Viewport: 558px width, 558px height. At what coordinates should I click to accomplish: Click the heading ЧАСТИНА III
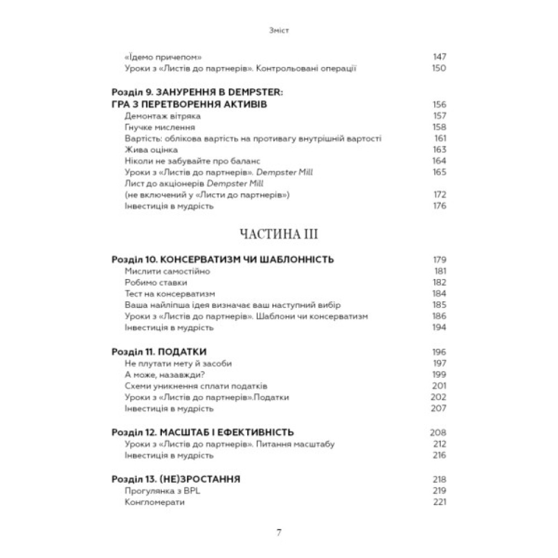278,235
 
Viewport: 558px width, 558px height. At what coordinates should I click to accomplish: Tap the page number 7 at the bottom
279,532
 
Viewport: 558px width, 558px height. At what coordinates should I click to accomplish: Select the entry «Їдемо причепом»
162,57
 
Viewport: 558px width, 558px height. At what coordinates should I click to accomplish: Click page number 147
440,57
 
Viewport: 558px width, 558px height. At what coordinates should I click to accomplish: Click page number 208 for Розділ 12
439,433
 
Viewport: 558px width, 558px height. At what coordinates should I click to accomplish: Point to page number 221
440,502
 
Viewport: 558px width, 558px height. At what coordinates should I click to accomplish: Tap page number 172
440,195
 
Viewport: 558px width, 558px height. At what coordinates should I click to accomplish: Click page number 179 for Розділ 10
440,259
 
